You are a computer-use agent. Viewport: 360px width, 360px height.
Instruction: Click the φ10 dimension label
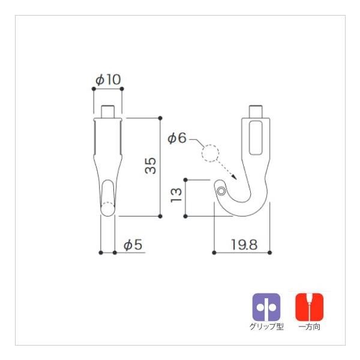[x=108, y=79]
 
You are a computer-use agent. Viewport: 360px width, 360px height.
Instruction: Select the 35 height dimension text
[x=151, y=166]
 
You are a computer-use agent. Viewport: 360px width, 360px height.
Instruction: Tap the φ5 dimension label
[x=133, y=244]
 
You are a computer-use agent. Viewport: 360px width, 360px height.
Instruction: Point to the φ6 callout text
[x=177, y=138]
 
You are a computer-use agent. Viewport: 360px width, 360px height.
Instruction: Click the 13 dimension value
[x=176, y=195]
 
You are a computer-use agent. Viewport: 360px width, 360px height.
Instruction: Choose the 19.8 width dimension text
[x=244, y=245]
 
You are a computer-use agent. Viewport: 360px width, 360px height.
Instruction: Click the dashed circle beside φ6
[x=211, y=154]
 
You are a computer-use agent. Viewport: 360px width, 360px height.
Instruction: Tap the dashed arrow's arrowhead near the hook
[x=234, y=177]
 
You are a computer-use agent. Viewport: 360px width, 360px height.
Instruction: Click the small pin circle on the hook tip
[x=221, y=191]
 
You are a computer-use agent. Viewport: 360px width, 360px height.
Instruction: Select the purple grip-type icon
[x=266, y=307]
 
